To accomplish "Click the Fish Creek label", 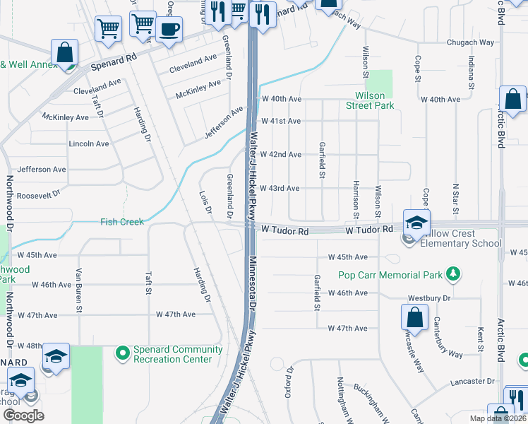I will tap(122, 222).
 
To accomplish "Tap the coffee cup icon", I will tap(169, 30).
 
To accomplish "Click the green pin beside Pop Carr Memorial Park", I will tap(453, 274).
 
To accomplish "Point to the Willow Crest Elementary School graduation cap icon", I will tap(416, 221).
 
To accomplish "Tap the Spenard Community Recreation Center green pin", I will tap(123, 351).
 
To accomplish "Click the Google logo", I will tap(23, 416).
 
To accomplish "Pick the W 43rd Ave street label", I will tap(280, 188).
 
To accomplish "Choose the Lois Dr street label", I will tap(206, 201).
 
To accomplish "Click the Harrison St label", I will tap(356, 197).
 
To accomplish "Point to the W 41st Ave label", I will tap(280, 121).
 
